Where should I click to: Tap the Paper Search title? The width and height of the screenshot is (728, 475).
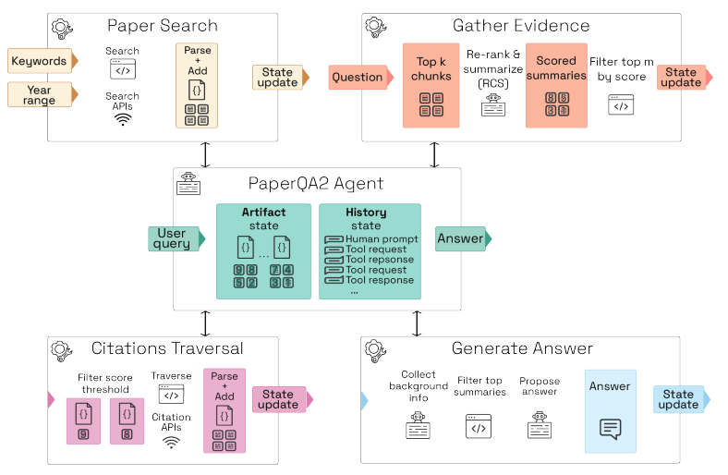163,26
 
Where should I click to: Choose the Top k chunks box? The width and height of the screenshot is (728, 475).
431,85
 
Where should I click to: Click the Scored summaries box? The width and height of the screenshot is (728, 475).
556,85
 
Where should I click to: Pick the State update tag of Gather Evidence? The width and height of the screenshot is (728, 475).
683,78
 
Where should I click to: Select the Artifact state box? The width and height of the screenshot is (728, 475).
263,251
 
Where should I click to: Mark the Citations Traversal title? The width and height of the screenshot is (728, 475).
167,349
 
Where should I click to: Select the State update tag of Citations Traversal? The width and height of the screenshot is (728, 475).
280,399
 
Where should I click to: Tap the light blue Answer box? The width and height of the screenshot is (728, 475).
610,411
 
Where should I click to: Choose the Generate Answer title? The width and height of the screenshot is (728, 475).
522,349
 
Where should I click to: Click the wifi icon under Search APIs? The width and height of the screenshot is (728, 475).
123,118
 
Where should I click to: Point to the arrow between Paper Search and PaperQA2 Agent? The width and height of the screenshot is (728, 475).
205,154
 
